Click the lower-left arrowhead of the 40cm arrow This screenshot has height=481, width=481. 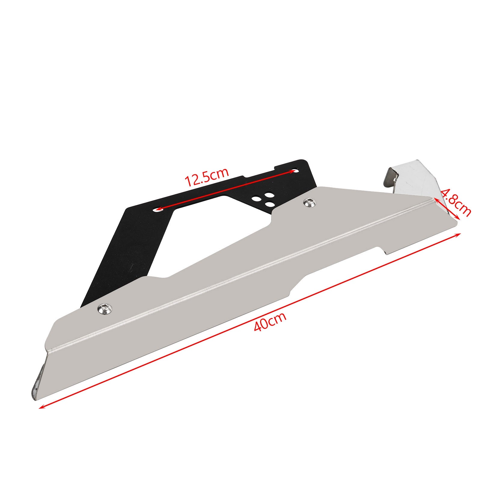click(41, 407)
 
